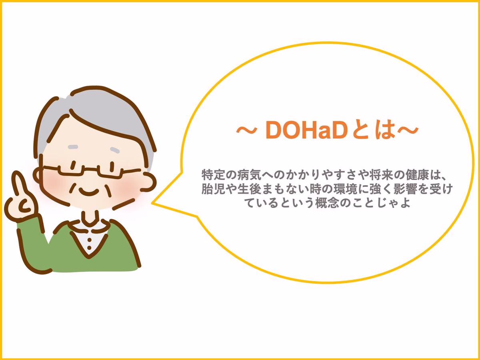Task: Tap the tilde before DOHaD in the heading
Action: tap(246, 130)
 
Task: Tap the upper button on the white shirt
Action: tap(89, 240)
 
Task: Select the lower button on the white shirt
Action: tap(89, 248)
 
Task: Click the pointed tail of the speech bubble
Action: tap(152, 203)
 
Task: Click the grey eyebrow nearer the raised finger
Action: tap(73, 147)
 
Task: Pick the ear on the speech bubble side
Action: tap(149, 182)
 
